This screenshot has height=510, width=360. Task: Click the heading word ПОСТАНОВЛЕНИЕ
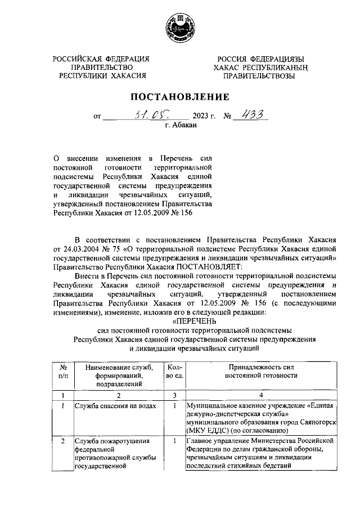pos(180,96)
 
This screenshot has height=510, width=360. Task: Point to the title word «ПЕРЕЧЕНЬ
pos(180,320)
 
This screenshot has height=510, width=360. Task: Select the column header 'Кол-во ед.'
pos(174,370)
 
